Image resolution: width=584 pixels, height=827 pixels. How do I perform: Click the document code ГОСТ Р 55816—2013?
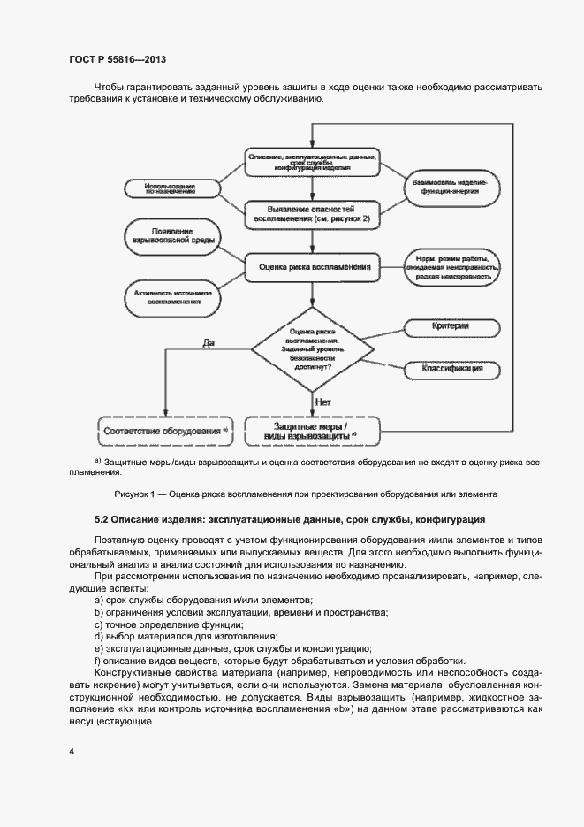tap(117, 59)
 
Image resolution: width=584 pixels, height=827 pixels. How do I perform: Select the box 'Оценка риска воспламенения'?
tap(313, 265)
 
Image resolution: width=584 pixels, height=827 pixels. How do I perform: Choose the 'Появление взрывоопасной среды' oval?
tap(172, 234)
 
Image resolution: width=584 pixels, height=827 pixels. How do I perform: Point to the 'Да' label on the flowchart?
tap(209, 341)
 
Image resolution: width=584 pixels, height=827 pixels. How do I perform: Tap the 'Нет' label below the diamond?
tap(323, 402)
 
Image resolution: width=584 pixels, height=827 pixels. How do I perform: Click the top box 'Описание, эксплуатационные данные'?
tap(313, 162)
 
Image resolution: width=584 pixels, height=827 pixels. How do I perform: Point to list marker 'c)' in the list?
tap(97, 624)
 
